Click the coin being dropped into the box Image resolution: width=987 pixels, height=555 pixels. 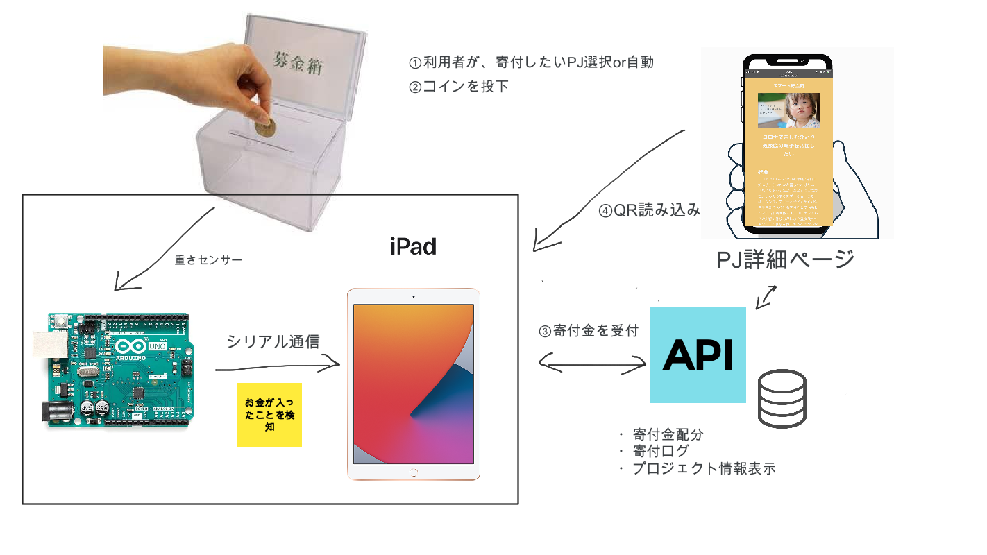[x=264, y=128]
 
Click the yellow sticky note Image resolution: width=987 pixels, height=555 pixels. [x=269, y=415]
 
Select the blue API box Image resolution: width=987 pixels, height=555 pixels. [x=698, y=355]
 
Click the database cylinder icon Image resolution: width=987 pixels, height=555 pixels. [x=782, y=398]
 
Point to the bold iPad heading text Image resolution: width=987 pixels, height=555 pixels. [x=413, y=246]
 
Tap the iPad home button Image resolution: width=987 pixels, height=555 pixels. [x=413, y=472]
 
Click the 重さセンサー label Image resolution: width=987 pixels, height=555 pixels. [x=208, y=260]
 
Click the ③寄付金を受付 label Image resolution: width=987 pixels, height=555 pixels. [x=589, y=331]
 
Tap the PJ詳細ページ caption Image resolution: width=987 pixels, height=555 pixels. [x=785, y=260]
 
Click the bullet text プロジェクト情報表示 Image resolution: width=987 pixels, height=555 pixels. [x=703, y=469]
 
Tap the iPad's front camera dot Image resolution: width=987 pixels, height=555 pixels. [x=413, y=297]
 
